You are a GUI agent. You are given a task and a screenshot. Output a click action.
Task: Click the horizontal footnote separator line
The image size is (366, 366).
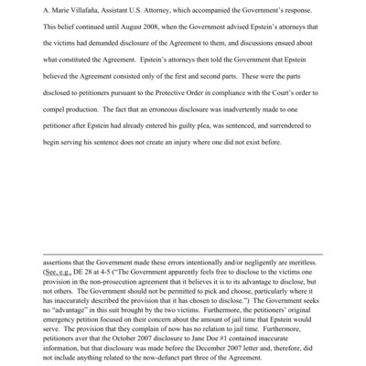tap(183, 253)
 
